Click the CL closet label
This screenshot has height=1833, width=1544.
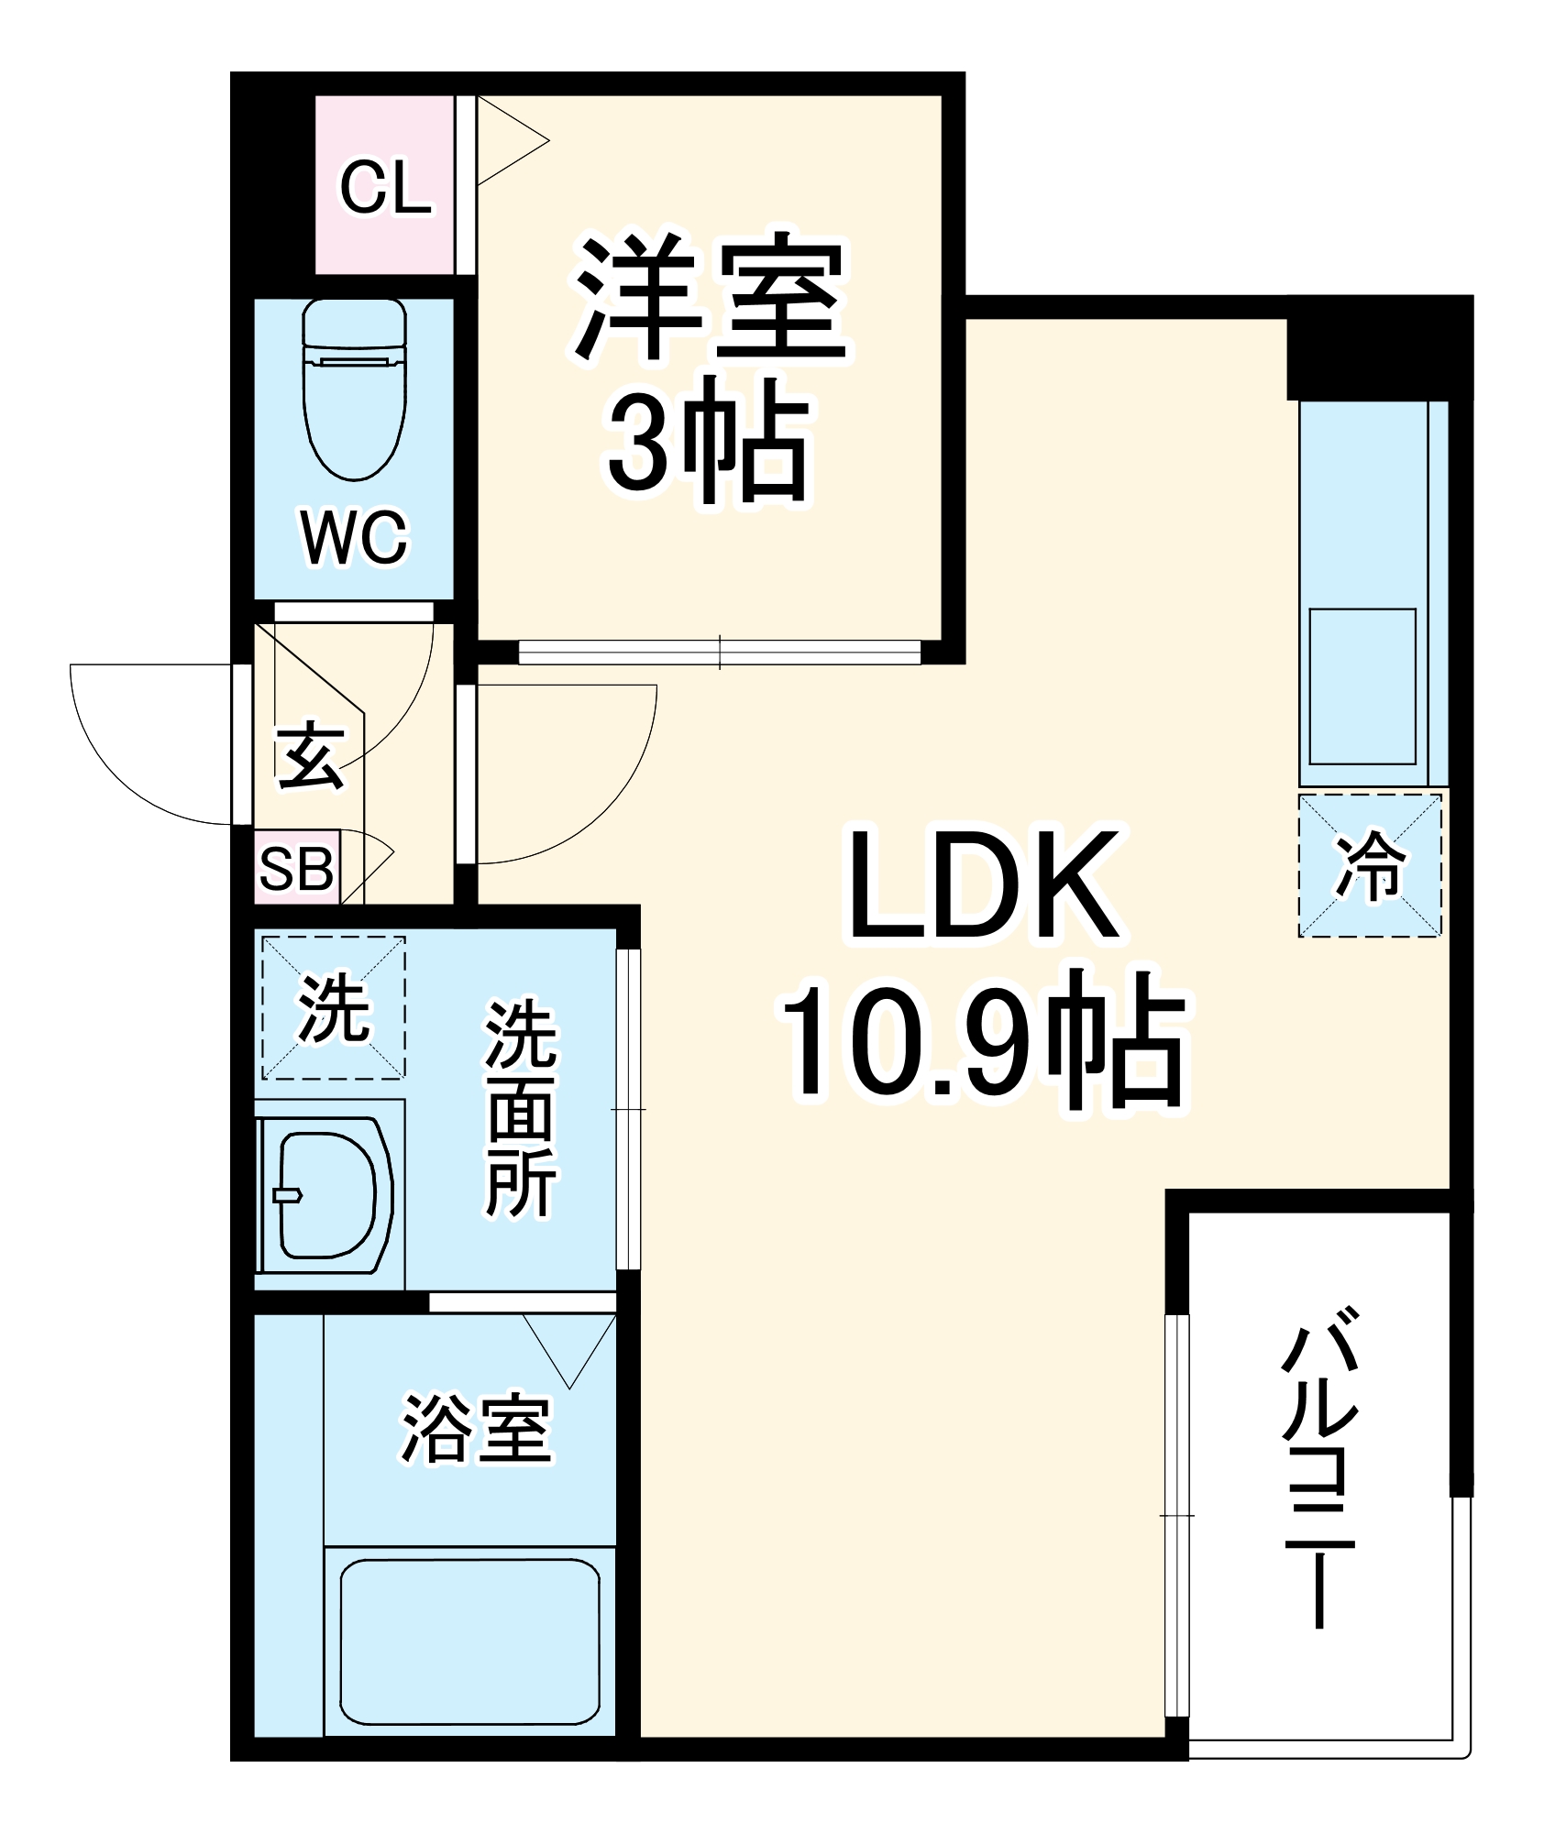tap(385, 189)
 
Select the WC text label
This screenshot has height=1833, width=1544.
tap(354, 539)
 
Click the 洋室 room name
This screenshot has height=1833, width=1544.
tap(709, 297)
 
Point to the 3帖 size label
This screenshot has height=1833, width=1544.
tap(709, 445)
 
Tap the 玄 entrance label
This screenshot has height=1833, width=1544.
tap(312, 755)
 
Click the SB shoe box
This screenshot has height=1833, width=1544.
tap(296, 868)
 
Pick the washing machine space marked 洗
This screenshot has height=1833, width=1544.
tap(334, 1007)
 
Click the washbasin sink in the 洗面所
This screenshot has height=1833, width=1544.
tap(327, 1194)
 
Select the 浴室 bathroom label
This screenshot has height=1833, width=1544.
tap(476, 1429)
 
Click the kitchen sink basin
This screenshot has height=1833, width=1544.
tap(1362, 686)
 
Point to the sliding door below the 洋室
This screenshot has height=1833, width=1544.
tap(719, 652)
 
